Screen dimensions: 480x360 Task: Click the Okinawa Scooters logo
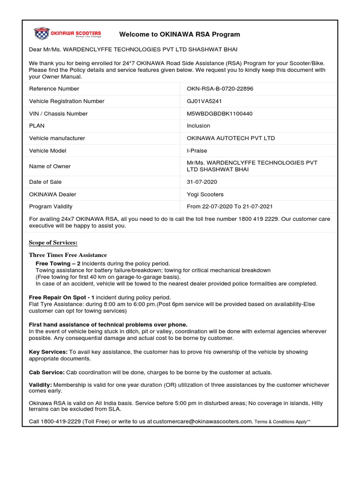tap(68, 34)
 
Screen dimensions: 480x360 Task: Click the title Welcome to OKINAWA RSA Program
tap(180, 34)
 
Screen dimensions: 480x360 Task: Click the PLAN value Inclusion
tap(198, 126)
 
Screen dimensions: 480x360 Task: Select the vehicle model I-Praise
tap(197, 150)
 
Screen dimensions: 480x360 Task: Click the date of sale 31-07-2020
tap(202, 182)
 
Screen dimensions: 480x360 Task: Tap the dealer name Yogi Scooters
tap(205, 194)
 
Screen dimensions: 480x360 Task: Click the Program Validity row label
tap(51, 206)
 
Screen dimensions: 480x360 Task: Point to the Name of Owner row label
tap(50, 166)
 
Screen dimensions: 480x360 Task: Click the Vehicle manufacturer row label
tap(57, 138)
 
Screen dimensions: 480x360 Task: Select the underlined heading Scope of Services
tap(53, 242)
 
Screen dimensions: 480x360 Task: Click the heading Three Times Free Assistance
tap(68, 255)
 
